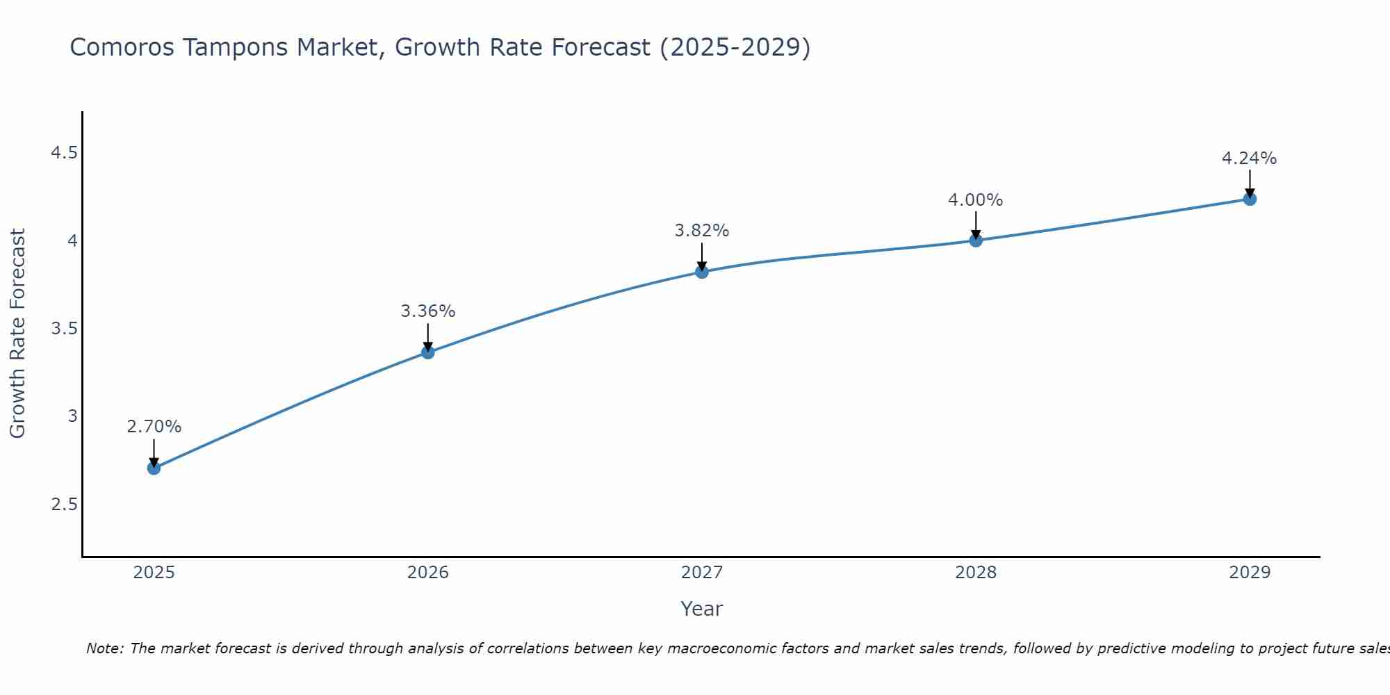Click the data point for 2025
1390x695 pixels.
click(x=154, y=468)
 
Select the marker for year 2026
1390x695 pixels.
click(x=428, y=352)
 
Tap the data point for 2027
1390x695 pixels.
click(x=702, y=272)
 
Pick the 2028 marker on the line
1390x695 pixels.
click(x=976, y=240)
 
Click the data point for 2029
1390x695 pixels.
click(x=1250, y=199)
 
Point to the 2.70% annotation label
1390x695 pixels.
click(x=154, y=427)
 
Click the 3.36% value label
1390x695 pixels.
click(x=428, y=311)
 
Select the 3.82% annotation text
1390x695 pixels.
click(x=702, y=231)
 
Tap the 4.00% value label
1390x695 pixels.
click(x=976, y=200)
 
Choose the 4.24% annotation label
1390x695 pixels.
click(x=1250, y=158)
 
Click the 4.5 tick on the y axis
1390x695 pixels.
click(x=64, y=153)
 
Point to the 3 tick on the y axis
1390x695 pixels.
click(x=72, y=416)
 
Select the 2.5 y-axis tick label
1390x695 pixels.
click(x=64, y=504)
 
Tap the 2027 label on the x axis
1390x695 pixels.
click(x=702, y=573)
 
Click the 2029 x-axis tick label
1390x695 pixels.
click(x=1250, y=573)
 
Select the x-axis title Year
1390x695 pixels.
click(x=702, y=609)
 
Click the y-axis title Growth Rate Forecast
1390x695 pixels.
click(x=17, y=334)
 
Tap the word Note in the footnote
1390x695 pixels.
click(x=104, y=648)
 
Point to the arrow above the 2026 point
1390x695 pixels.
click(x=428, y=337)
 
